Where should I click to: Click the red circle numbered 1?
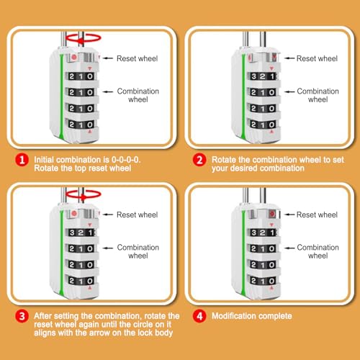tap(22, 160)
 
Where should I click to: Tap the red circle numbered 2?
tap(199, 160)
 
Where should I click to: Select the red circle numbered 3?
tap(22, 316)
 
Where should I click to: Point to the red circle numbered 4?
tap(199, 316)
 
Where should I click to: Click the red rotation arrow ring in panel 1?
tap(84, 35)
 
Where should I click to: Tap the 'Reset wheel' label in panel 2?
tap(317, 58)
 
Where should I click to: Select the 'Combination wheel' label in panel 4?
tap(318, 251)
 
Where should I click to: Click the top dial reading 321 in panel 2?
tap(263, 76)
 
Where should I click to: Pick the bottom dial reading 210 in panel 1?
tap(81, 125)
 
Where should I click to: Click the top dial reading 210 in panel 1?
tap(81, 76)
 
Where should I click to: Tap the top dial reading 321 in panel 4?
tap(263, 233)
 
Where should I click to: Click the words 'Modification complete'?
tap(252, 316)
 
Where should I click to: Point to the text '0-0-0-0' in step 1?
tap(126, 160)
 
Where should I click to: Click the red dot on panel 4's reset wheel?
tap(272, 214)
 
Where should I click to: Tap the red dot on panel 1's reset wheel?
tap(74, 57)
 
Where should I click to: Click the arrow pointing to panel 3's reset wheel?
tap(108, 215)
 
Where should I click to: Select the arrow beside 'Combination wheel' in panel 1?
tap(108, 91)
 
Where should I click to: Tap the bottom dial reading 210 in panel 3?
tap(81, 281)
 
